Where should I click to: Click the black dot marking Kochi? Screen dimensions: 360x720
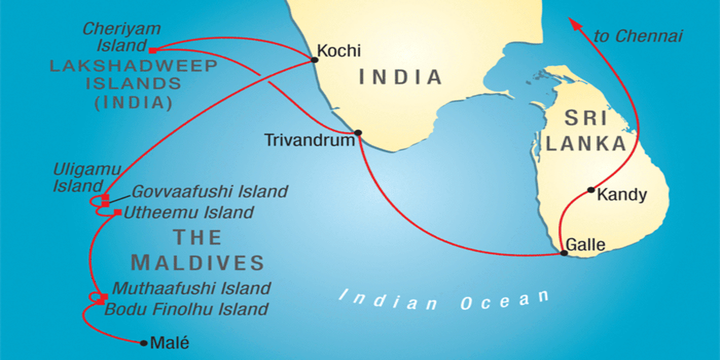[x=315, y=59]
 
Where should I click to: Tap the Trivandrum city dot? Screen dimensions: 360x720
[x=358, y=133]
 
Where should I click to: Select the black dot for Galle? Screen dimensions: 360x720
[x=564, y=253]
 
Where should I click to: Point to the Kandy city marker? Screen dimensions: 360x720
[x=591, y=190]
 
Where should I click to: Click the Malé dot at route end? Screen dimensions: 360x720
[x=144, y=343]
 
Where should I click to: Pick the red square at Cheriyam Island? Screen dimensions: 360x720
[x=153, y=50]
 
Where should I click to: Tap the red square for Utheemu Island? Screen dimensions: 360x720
[x=117, y=212]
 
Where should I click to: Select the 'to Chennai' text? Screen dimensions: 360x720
[x=638, y=36]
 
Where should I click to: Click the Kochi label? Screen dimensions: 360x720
[x=339, y=51]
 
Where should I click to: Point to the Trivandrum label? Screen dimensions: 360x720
[x=310, y=140]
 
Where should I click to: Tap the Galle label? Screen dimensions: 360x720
[x=585, y=245]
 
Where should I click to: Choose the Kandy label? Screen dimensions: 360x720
[x=622, y=195]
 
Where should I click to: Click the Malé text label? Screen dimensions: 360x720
[x=170, y=343]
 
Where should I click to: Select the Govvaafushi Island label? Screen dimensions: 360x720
[x=210, y=192]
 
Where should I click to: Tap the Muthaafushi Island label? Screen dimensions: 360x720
[x=192, y=288]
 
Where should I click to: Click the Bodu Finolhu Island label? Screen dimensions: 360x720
[x=186, y=310]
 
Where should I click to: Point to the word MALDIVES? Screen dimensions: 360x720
[x=197, y=263]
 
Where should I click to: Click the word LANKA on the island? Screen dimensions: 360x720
[x=586, y=144]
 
